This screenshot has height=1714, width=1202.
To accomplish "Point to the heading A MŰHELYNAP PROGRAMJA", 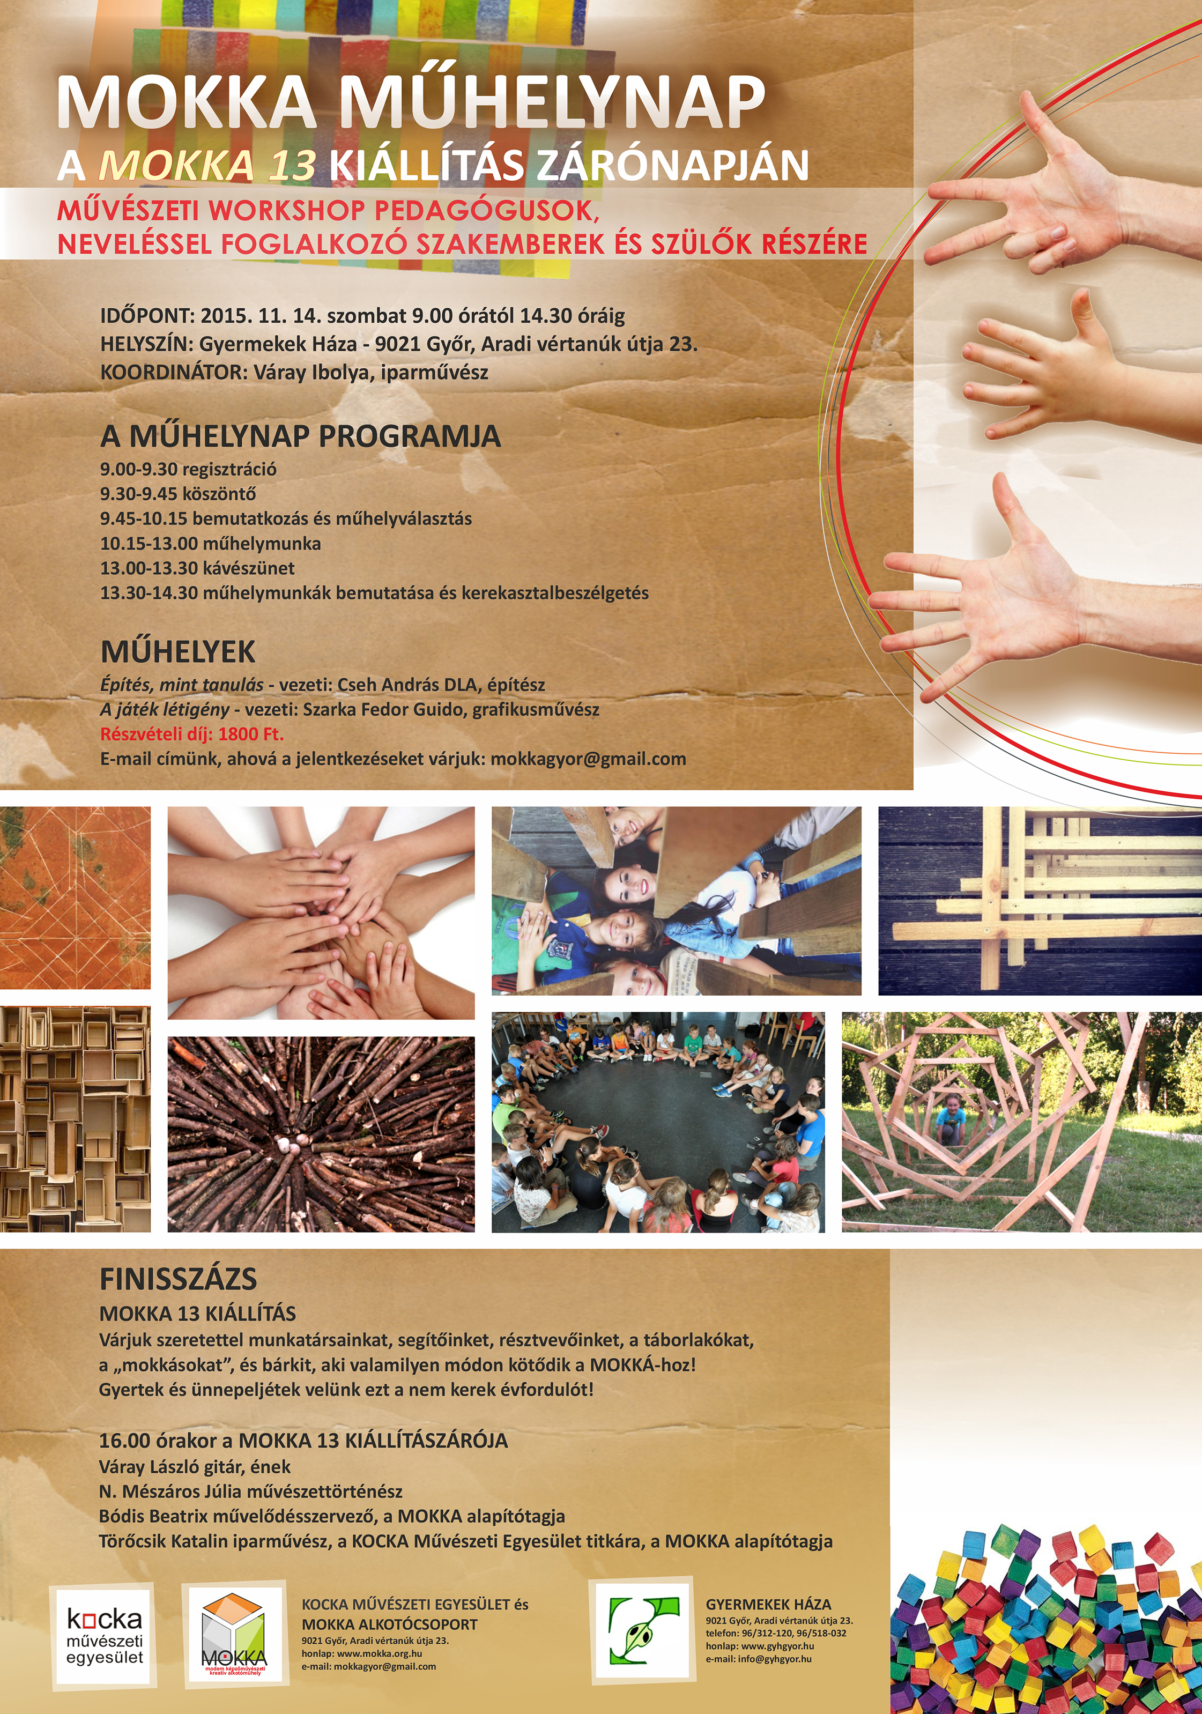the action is click(x=301, y=436).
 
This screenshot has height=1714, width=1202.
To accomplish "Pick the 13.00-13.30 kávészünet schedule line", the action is click(x=198, y=568).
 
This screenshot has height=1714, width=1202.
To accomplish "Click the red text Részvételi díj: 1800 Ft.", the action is click(x=192, y=734).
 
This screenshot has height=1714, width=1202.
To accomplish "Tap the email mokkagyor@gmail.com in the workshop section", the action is click(x=588, y=759).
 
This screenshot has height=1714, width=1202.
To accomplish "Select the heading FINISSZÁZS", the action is click(x=179, y=1279).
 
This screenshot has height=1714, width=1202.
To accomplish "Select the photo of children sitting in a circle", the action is click(x=658, y=1122).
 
